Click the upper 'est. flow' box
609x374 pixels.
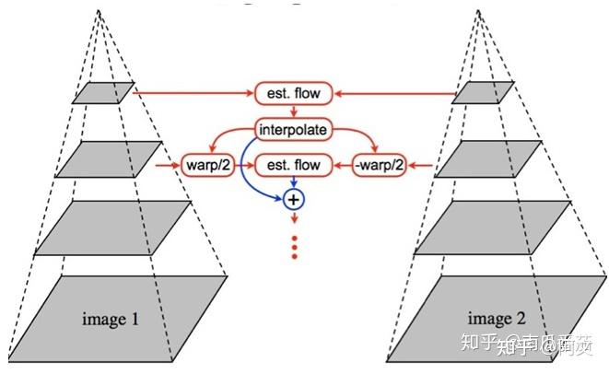pyautogui.click(x=293, y=94)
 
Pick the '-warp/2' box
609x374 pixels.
pyautogui.click(x=380, y=166)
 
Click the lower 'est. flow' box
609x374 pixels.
pyautogui.click(x=293, y=166)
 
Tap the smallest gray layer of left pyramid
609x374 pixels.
pyautogui.click(x=104, y=93)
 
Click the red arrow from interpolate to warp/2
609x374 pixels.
pyautogui.click(x=227, y=135)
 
